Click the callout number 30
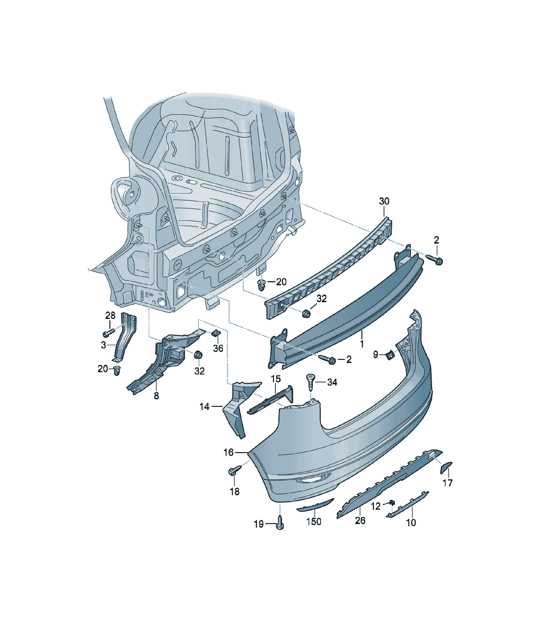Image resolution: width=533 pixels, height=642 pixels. (x=384, y=201)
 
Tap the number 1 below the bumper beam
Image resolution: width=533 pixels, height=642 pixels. (x=362, y=344)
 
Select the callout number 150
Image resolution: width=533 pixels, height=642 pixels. (x=314, y=521)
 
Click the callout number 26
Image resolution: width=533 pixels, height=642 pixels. (x=360, y=520)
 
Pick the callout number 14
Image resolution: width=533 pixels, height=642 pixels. (x=205, y=407)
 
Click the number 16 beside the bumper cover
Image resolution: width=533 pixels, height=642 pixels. (x=228, y=452)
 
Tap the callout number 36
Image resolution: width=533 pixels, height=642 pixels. (x=218, y=348)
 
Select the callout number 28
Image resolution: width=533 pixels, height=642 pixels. (x=110, y=315)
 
